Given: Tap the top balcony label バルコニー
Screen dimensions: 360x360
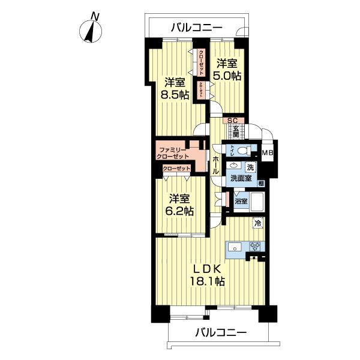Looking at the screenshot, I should [x=196, y=27].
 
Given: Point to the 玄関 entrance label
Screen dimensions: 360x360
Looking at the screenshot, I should [x=236, y=130].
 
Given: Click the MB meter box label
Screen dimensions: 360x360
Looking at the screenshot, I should [x=269, y=152].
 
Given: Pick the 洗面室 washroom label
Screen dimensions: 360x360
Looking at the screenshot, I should [x=239, y=178].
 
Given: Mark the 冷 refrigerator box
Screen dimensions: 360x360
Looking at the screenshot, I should [x=257, y=223].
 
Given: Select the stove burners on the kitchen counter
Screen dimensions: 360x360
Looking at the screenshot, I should [x=255, y=245].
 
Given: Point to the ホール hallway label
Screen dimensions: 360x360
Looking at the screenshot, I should [x=215, y=161].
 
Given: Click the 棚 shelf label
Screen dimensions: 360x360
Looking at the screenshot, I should [x=262, y=182].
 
